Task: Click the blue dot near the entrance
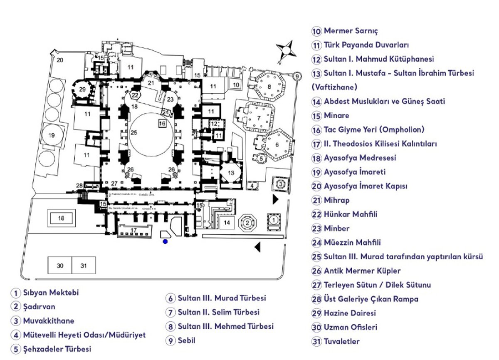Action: pyautogui.click(x=165, y=241)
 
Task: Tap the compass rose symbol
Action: pyautogui.click(x=286, y=51)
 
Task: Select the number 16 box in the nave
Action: pyautogui.click(x=162, y=124)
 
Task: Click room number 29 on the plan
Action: pyautogui.click(x=82, y=89)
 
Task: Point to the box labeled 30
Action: pyautogui.click(x=60, y=266)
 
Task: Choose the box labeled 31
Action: pyautogui.click(x=84, y=266)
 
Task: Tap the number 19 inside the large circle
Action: pyautogui.click(x=52, y=135)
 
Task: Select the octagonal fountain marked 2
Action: pyautogui.click(x=247, y=223)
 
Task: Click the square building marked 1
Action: pyautogui.click(x=273, y=218)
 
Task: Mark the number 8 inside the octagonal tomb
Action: pyautogui.click(x=269, y=87)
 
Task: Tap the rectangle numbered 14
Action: pyautogui.click(x=227, y=223)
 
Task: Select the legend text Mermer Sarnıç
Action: pyautogui.click(x=351, y=31)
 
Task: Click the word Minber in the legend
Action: pyautogui.click(x=336, y=228)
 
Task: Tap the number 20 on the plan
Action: pyautogui.click(x=60, y=60)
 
